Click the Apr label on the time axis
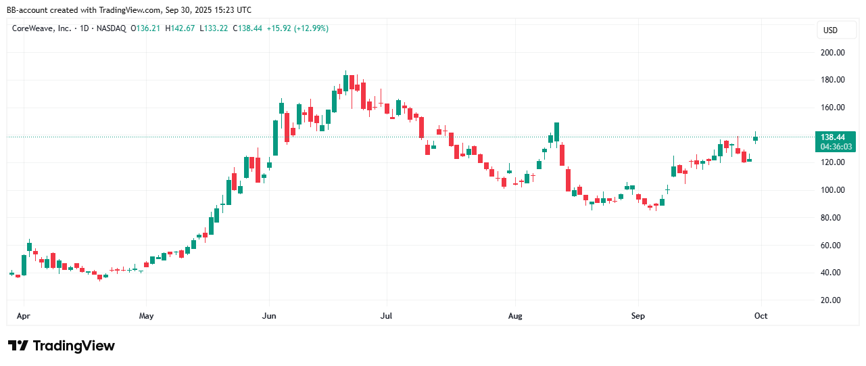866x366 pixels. point(24,315)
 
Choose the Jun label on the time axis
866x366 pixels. point(269,315)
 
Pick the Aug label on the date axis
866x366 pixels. point(515,315)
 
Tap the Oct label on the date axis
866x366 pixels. point(761,315)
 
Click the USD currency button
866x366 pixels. point(830,30)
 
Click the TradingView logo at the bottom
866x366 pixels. point(62,346)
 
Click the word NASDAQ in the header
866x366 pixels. point(110,28)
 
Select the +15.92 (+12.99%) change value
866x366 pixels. point(298,28)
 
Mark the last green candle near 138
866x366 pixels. point(755,139)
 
